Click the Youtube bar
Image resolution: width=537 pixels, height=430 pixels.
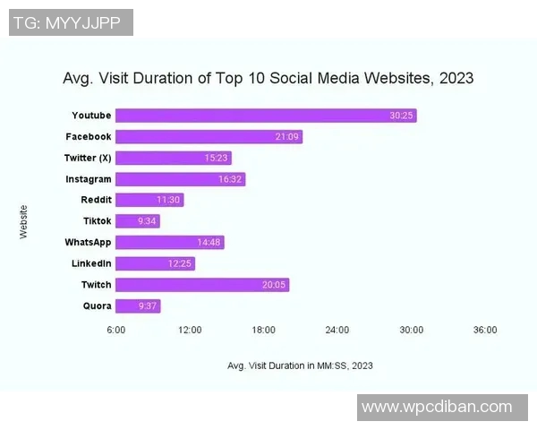(266, 116)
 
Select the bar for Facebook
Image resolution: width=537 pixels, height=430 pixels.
(209, 136)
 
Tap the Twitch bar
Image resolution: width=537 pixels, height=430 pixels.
(202, 285)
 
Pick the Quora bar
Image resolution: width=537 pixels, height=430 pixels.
(138, 306)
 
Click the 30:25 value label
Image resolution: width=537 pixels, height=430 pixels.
(401, 116)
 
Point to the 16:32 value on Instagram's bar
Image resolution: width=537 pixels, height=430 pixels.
(230, 179)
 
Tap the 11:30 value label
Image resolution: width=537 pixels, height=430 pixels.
(169, 200)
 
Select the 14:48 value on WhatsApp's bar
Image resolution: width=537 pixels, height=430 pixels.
(209, 243)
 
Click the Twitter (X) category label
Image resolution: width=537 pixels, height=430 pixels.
(88, 158)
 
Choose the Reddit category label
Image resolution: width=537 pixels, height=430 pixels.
(96, 200)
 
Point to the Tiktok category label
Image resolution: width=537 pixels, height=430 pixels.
(97, 221)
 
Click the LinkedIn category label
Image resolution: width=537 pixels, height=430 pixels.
(91, 263)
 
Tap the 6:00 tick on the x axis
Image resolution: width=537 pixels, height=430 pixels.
(116, 330)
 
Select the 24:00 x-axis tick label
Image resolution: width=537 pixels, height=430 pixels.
(337, 330)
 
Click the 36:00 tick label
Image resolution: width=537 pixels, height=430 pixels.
(485, 330)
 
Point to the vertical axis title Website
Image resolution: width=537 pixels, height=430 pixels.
(24, 221)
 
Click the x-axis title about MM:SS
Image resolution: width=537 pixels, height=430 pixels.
(301, 365)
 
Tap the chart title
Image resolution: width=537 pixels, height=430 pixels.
(268, 79)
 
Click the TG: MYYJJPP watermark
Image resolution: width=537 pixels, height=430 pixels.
(72, 21)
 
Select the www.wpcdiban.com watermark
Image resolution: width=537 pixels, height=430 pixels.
(437, 408)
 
